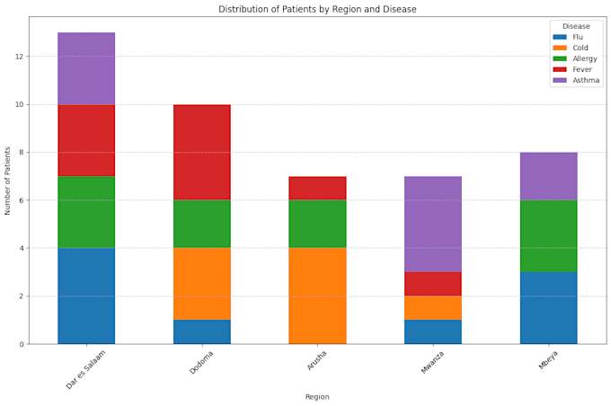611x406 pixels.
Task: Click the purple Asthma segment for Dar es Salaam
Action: [x=86, y=68]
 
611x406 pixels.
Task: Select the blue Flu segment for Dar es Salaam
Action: [x=86, y=296]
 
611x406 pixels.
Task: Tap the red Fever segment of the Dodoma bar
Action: [x=202, y=152]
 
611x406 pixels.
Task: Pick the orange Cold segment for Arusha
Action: [x=317, y=296]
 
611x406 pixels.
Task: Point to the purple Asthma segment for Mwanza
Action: [x=433, y=224]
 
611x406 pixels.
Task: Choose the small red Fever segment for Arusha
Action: [x=317, y=188]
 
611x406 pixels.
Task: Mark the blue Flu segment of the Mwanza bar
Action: [x=433, y=331]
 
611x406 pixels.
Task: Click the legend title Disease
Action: [x=576, y=26]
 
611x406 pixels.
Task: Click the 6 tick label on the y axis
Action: [x=21, y=200]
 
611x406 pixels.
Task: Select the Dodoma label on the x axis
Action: [x=200, y=364]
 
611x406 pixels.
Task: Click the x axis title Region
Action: [x=317, y=396]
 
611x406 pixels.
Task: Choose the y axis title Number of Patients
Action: [x=8, y=180]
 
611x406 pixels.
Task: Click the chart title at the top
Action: [x=317, y=9]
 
